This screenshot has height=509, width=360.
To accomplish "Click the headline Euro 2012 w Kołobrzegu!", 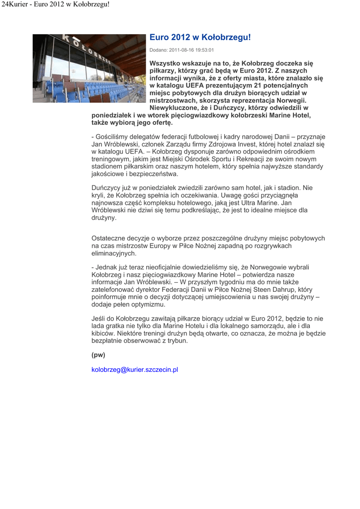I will [200, 38].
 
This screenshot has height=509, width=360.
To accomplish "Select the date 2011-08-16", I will [181, 50].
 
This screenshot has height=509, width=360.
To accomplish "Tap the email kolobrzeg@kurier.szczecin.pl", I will [135, 370].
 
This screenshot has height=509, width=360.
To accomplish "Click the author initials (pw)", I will [98, 355].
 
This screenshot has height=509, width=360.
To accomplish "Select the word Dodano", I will [158, 50].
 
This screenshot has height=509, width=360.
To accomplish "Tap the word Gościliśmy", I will [112, 137].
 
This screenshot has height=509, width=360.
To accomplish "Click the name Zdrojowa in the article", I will [203, 144].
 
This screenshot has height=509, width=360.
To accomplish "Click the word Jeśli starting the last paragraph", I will [99, 319].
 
